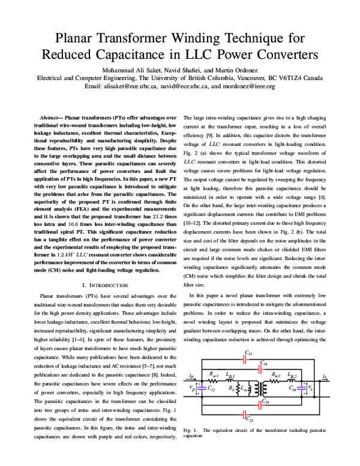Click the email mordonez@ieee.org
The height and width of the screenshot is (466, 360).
point(244,86)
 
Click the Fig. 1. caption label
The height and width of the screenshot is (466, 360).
point(191,431)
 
